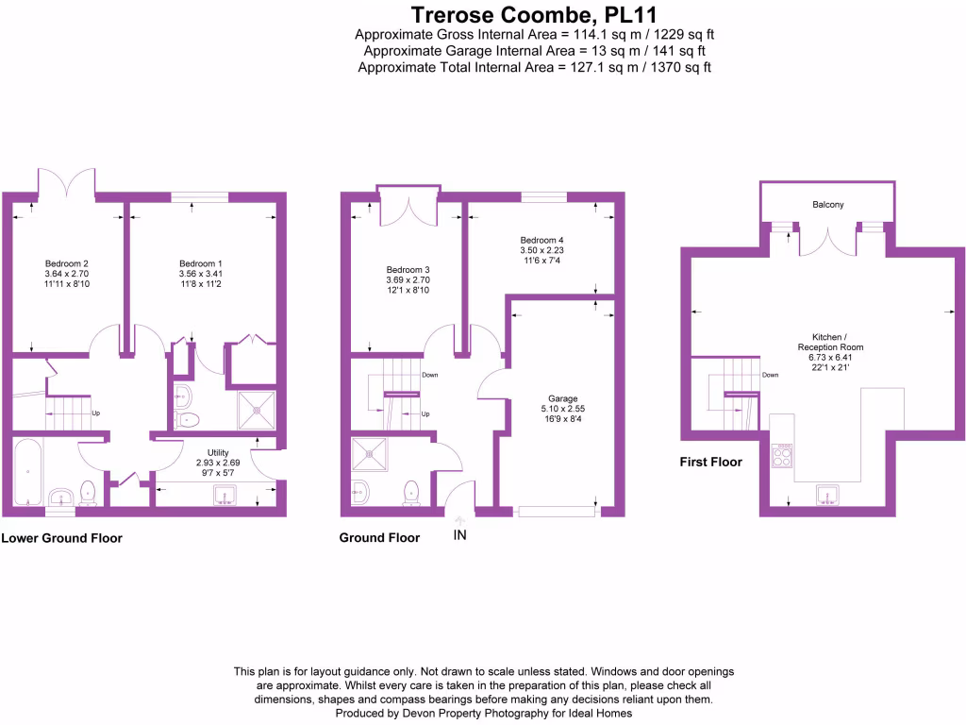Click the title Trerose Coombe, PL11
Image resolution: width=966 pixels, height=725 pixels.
pyautogui.click(x=534, y=15)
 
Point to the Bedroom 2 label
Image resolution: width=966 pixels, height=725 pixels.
pyautogui.click(x=66, y=263)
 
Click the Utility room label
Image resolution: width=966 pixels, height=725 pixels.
pyautogui.click(x=213, y=453)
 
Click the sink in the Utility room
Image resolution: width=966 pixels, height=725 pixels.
pyautogui.click(x=225, y=494)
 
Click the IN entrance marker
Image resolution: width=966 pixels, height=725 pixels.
pyautogui.click(x=460, y=535)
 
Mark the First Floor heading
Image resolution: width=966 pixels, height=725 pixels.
pyautogui.click(x=711, y=463)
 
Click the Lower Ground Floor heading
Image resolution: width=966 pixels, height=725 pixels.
pyautogui.click(x=62, y=539)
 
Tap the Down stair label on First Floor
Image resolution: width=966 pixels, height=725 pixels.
pyautogui.click(x=771, y=375)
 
